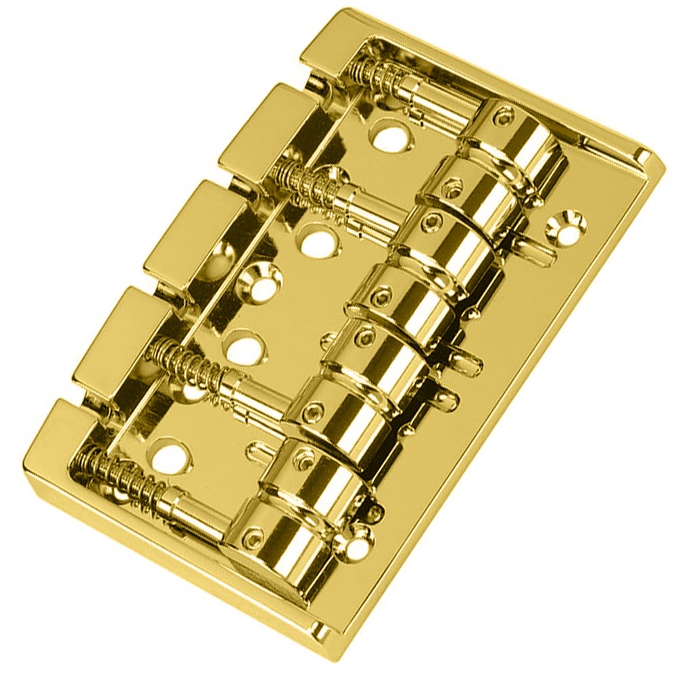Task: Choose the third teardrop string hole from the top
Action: coord(243,347)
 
